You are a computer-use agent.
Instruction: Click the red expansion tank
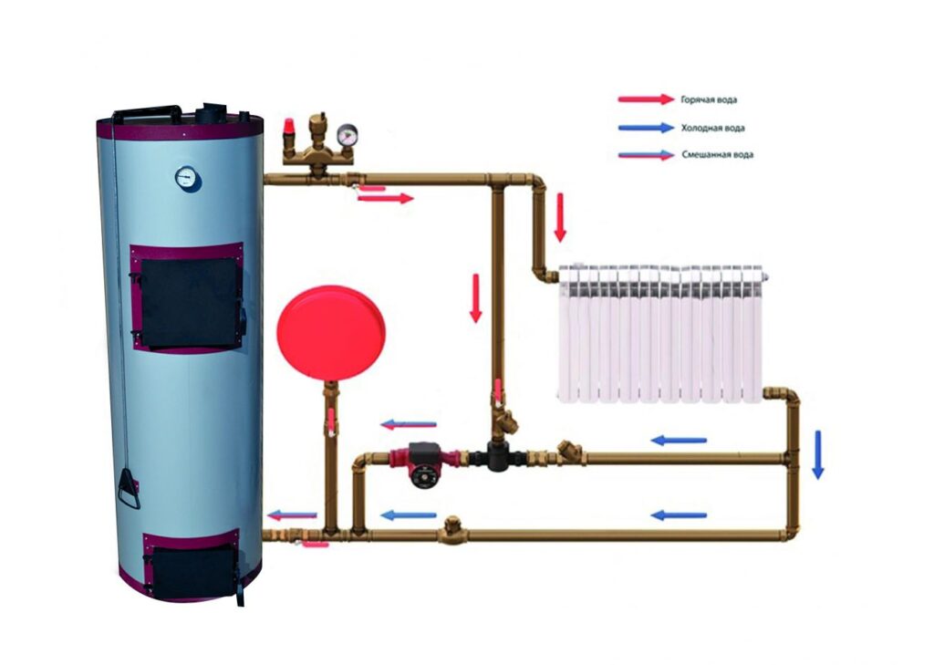tap(331, 333)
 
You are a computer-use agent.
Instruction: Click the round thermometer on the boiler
tap(188, 178)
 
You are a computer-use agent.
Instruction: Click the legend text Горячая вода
tap(709, 99)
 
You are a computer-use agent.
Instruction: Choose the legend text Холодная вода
tap(712, 128)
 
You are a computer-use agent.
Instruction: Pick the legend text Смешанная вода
tap(717, 154)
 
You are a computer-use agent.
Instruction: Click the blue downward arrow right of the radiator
tap(818, 454)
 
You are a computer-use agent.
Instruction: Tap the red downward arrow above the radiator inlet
tap(560, 218)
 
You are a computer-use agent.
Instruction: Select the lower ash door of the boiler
tap(191, 565)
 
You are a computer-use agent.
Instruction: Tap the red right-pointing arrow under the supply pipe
tap(386, 199)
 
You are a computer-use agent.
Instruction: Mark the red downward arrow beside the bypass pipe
tap(475, 298)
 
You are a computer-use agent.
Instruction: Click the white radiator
tap(661, 334)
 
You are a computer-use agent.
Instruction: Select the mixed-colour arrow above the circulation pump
tap(409, 425)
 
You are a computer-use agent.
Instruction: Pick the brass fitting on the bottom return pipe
tap(452, 530)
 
